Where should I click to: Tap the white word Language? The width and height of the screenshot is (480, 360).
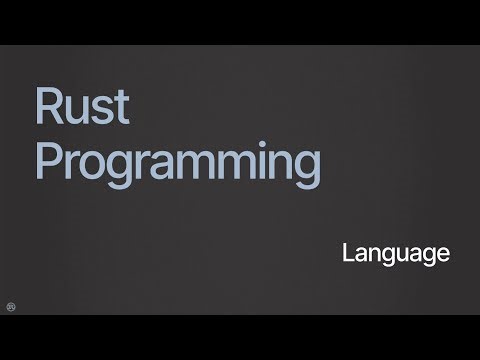click(x=395, y=254)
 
